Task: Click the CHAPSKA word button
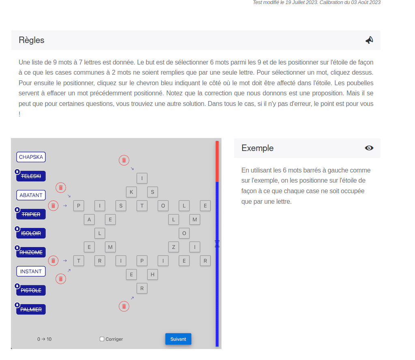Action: pyautogui.click(x=31, y=157)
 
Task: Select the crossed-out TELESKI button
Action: pyautogui.click(x=31, y=176)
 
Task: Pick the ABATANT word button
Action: pyautogui.click(x=31, y=195)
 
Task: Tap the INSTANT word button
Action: pyautogui.click(x=31, y=272)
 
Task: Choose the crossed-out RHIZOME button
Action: pyautogui.click(x=31, y=252)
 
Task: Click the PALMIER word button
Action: pyautogui.click(x=31, y=309)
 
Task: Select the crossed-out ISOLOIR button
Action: pyautogui.click(x=31, y=233)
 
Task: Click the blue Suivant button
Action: pyautogui.click(x=178, y=339)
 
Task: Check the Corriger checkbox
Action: pyautogui.click(x=102, y=339)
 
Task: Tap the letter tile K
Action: pyautogui.click(x=131, y=192)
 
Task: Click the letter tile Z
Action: pyautogui.click(x=174, y=247)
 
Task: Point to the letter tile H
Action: pyautogui.click(x=153, y=274)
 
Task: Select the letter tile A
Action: pyautogui.click(x=89, y=220)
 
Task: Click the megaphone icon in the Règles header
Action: pyautogui.click(x=369, y=40)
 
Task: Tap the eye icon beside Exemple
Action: pyautogui.click(x=369, y=148)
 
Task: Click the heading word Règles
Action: pyautogui.click(x=32, y=40)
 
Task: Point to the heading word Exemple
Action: pyautogui.click(x=258, y=148)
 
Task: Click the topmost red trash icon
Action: pyautogui.click(x=124, y=160)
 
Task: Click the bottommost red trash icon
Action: pyautogui.click(x=124, y=306)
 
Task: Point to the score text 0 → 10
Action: pyautogui.click(x=45, y=339)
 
